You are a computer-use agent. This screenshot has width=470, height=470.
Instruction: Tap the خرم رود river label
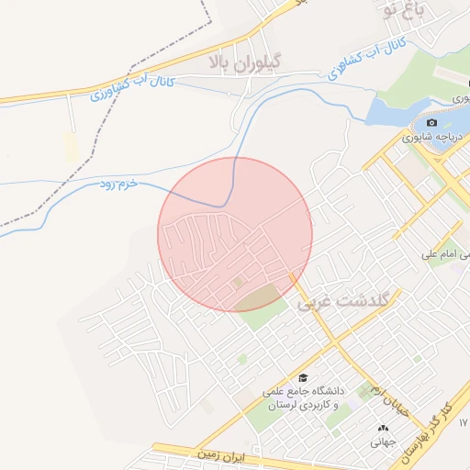pos(118,185)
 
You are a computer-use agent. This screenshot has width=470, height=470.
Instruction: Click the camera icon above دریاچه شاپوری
pos(432,123)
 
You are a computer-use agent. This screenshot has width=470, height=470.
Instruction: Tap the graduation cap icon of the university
pos(303,378)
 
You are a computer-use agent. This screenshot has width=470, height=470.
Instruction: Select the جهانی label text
pos(381,442)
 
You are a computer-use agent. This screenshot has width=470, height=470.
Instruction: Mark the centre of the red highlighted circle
pos(235,234)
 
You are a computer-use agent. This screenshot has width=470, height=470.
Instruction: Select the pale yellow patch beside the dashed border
pos(71,147)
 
